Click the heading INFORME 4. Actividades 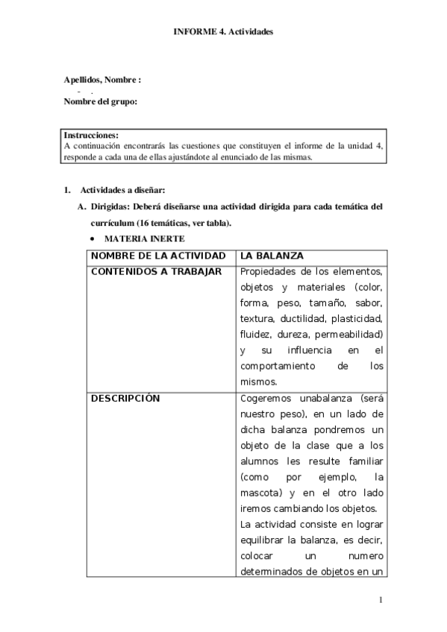(x=223, y=32)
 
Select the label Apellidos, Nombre (x=102, y=80)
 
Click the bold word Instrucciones (x=91, y=136)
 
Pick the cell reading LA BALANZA (x=272, y=256)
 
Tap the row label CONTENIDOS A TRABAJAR (x=155, y=271)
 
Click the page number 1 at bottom (x=381, y=600)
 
